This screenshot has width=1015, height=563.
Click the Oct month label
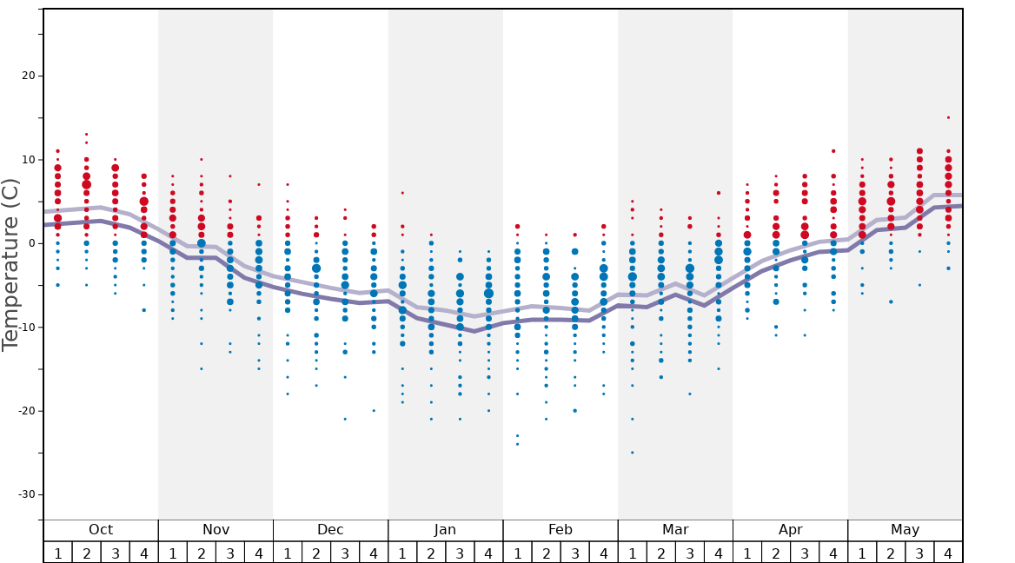point(101,530)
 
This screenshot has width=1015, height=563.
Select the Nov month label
point(216,530)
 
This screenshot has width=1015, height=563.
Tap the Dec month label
point(330,530)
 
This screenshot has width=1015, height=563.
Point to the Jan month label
point(445,530)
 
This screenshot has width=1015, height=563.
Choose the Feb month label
point(561,530)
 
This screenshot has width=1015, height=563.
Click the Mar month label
point(675,530)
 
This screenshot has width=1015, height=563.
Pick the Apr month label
point(790,530)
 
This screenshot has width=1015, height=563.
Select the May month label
point(905,530)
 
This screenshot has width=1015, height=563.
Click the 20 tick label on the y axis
point(28,76)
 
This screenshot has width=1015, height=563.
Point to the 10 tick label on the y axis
point(28,160)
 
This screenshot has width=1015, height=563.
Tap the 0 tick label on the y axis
point(31,243)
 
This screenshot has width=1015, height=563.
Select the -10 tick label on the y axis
point(25,328)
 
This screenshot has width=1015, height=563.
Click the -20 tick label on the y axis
point(25,411)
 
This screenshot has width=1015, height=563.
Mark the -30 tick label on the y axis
point(25,494)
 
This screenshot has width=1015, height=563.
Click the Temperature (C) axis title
point(10,264)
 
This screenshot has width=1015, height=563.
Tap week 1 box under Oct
point(57,553)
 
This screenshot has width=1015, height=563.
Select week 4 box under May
point(948,553)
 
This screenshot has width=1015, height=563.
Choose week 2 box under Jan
point(431,553)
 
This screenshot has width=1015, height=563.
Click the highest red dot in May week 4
point(948,117)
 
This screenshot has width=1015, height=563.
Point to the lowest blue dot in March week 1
point(632,453)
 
